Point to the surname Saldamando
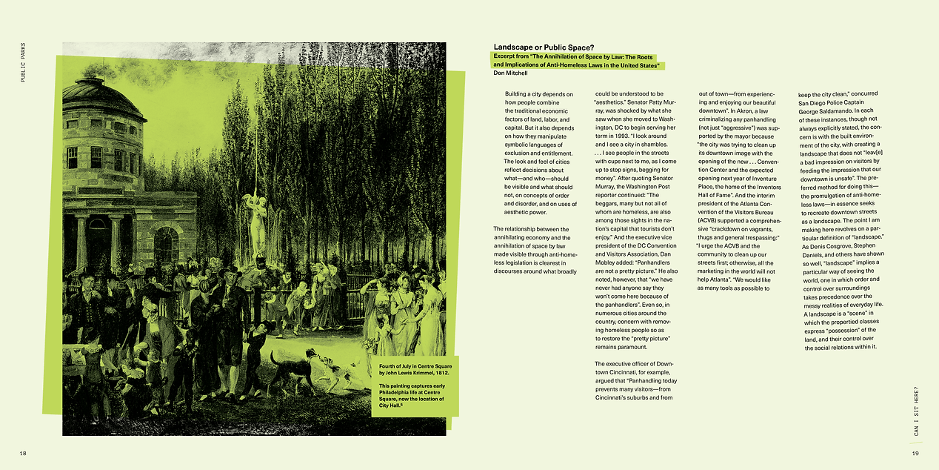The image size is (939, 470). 849,102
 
